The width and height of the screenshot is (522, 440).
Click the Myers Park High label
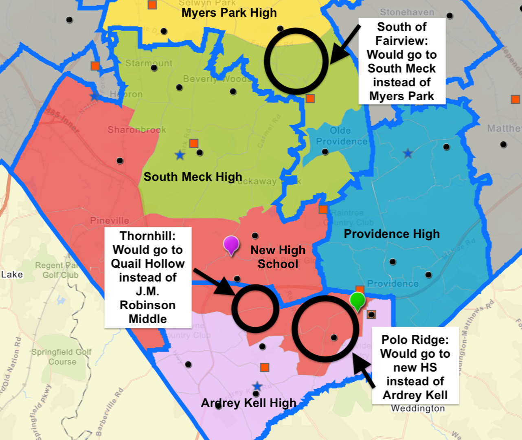click(229, 13)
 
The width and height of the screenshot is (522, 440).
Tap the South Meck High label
click(193, 177)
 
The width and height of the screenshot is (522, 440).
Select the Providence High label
click(392, 234)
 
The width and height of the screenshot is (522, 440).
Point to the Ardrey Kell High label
click(248, 403)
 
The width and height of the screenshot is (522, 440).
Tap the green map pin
click(358, 301)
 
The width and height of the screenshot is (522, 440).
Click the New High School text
click(278, 257)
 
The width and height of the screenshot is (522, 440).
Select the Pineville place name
click(110, 220)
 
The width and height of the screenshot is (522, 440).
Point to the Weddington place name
click(418, 408)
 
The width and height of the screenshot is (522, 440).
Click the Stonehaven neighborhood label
click(407, 12)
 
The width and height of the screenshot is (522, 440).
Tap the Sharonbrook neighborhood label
click(137, 130)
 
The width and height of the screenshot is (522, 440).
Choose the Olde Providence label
click(341, 136)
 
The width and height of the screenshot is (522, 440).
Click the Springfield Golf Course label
click(62, 356)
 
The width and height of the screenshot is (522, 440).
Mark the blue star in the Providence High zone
click(408, 154)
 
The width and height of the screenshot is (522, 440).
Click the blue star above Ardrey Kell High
click(257, 386)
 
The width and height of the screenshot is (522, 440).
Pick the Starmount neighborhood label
click(149, 63)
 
